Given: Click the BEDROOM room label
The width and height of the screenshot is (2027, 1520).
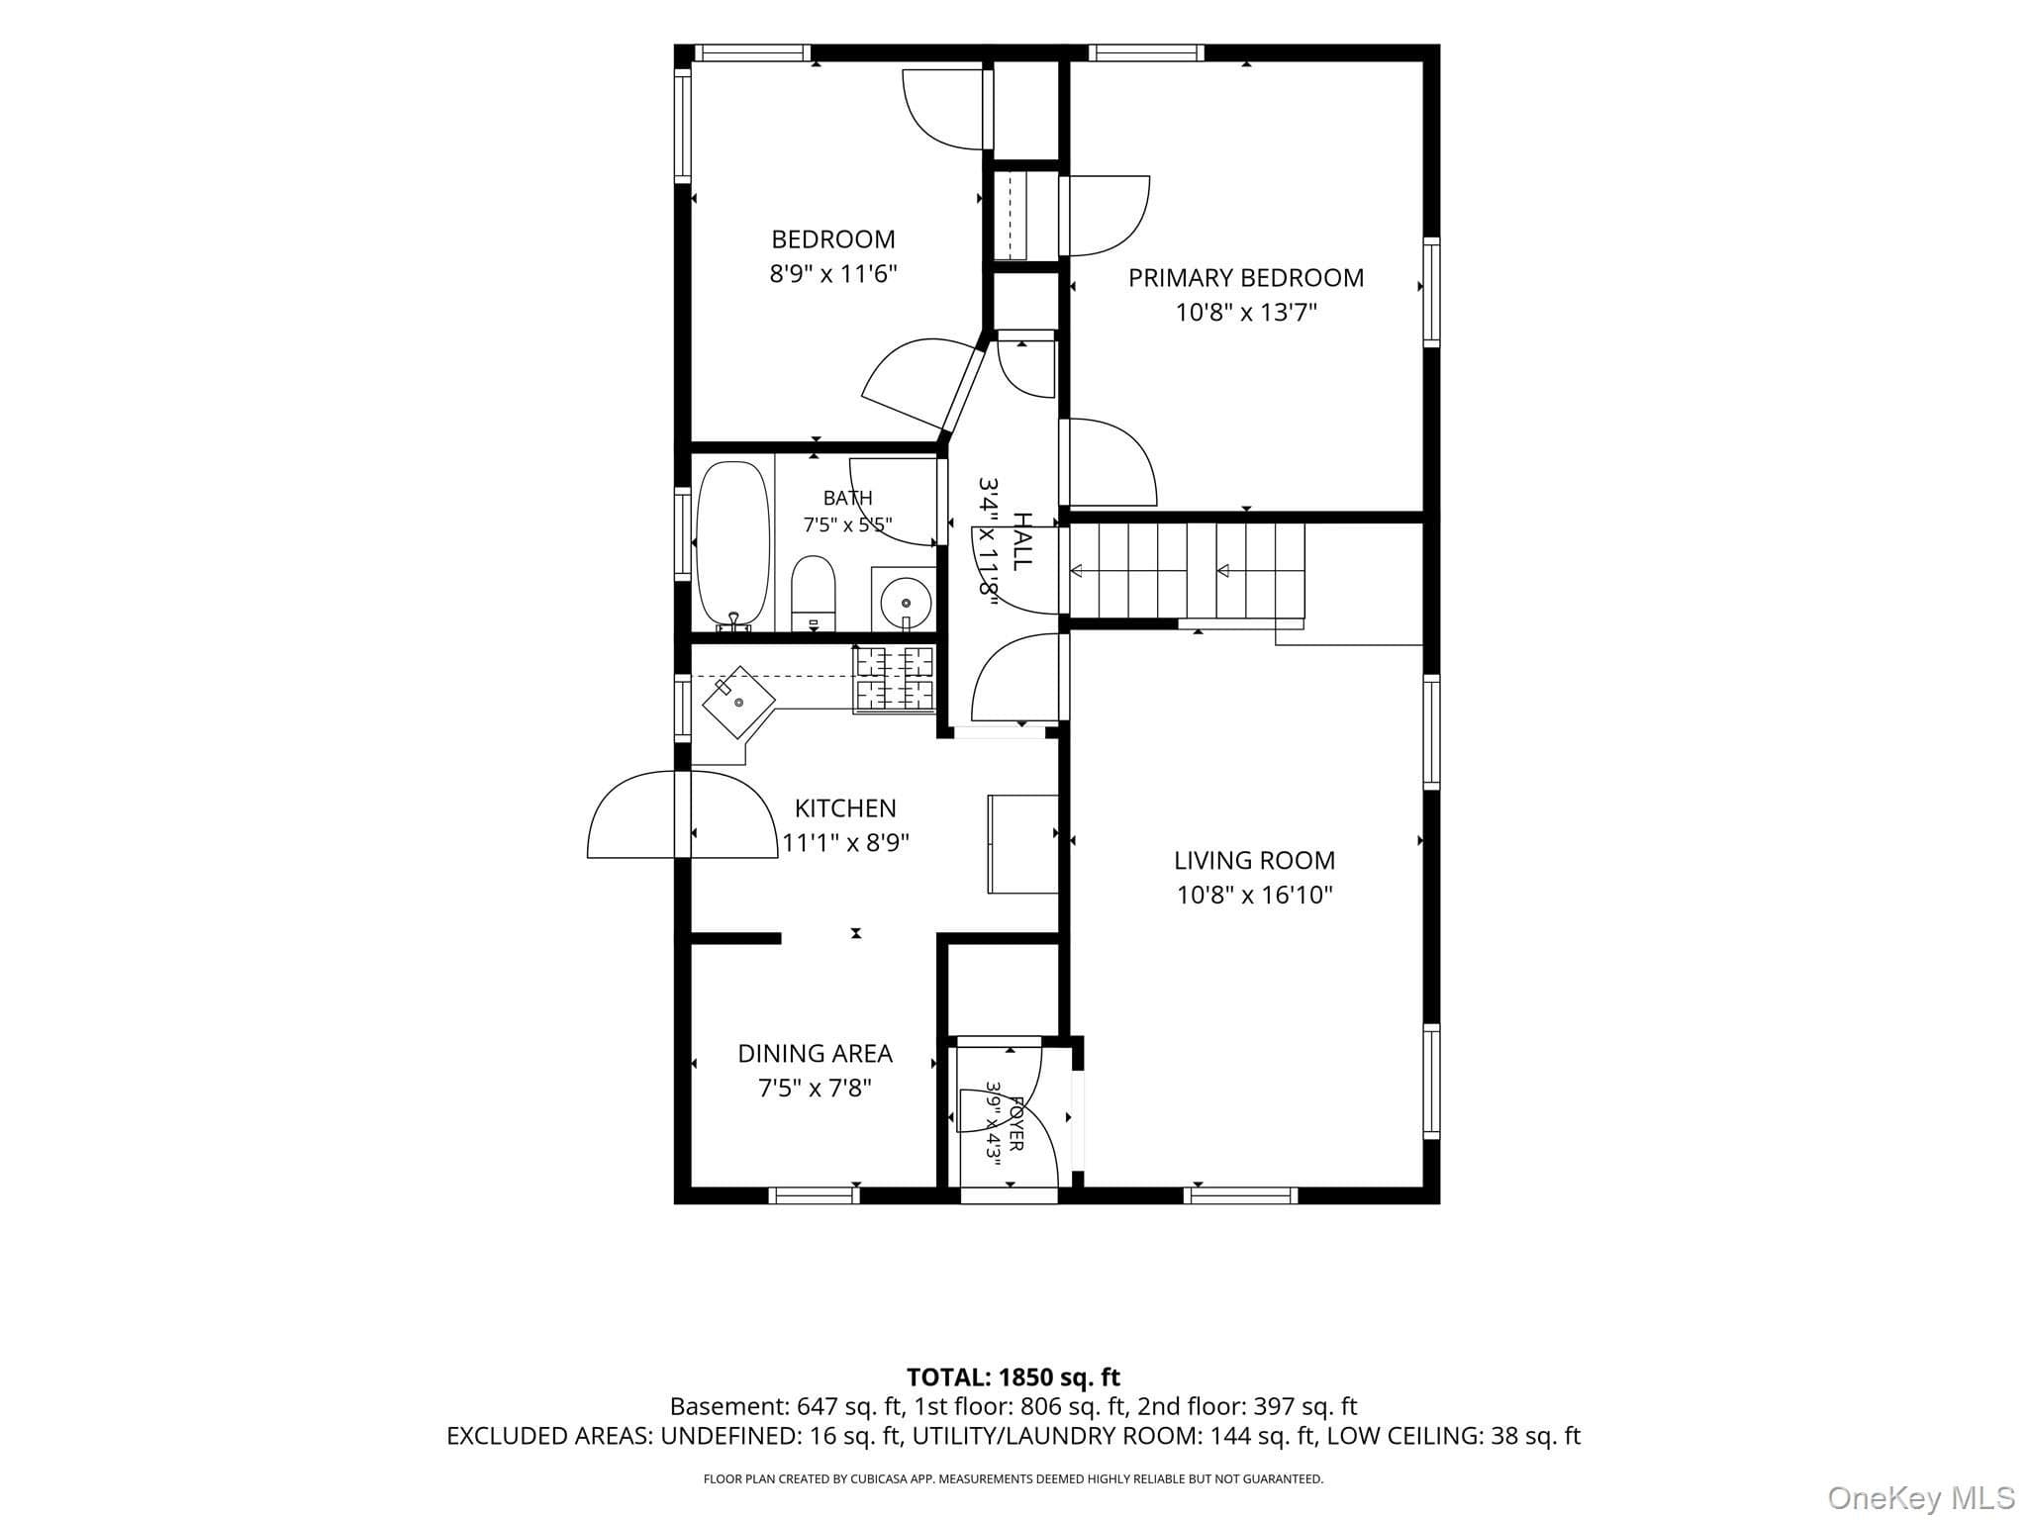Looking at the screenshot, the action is click(x=833, y=239).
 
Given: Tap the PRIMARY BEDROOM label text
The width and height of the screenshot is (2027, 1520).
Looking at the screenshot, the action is click(x=1246, y=278).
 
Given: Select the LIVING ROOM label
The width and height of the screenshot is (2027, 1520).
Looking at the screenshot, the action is click(x=1254, y=860).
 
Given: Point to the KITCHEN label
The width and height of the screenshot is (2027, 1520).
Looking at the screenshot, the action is click(x=845, y=808).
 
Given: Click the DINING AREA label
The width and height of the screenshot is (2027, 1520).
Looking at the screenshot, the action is click(x=815, y=1054).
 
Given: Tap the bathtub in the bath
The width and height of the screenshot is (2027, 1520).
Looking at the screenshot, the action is click(x=732, y=545).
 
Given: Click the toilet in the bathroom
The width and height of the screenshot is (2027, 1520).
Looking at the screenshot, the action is click(x=814, y=594).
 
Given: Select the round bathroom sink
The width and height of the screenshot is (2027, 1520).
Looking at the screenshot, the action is click(x=905, y=601).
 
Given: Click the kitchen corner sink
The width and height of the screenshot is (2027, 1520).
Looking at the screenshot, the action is click(x=738, y=702).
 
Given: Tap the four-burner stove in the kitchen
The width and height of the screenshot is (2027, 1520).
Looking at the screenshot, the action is click(x=894, y=679).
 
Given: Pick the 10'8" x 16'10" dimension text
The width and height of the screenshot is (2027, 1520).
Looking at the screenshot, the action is click(x=1254, y=896).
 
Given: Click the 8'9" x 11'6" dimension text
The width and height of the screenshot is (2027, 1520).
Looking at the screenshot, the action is click(x=833, y=274).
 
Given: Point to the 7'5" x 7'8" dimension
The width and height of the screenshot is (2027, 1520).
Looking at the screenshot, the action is click(x=815, y=1089).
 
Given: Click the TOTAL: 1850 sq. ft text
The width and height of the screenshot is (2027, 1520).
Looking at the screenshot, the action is click(x=1013, y=1377).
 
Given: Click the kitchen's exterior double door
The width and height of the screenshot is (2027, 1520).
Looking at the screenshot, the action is click(x=683, y=813).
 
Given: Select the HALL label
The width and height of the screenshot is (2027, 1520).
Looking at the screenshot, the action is click(x=1022, y=541).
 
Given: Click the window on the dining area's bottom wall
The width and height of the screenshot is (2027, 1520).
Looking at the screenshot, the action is click(x=814, y=1195).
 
